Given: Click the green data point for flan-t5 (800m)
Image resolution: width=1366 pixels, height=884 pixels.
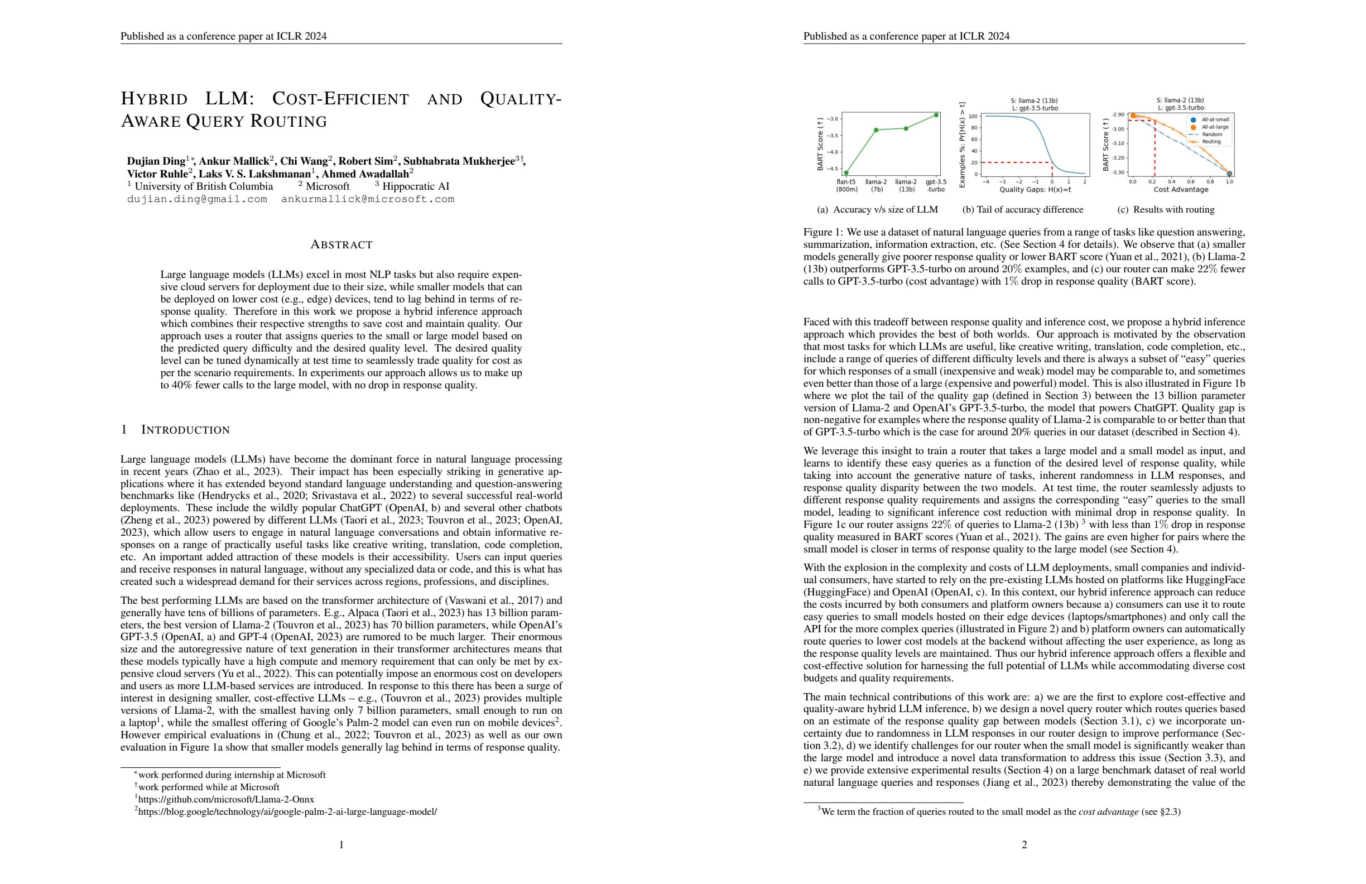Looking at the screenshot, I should tap(846, 172).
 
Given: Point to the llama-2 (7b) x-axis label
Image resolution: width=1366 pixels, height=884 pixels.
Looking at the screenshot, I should tap(876, 185).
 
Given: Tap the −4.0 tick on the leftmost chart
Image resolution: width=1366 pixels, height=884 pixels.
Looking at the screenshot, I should tap(831, 152).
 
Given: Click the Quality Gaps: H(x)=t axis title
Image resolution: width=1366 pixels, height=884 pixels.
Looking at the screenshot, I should tap(1035, 189).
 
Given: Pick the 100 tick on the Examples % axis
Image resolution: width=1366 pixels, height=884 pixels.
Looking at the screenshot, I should tap(973, 117).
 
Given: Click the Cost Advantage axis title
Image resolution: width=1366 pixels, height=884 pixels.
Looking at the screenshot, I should tap(1181, 189).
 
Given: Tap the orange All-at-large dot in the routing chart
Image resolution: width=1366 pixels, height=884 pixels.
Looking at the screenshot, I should tap(1133, 116).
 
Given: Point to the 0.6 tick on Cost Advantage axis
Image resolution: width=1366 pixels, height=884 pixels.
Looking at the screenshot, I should tap(1191, 181).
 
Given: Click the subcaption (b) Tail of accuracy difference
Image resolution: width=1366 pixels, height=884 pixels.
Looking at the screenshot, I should tap(1023, 209).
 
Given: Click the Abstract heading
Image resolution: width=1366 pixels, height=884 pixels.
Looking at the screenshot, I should tap(341, 244).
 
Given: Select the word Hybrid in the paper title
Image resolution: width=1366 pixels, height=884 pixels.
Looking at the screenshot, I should tap(154, 99).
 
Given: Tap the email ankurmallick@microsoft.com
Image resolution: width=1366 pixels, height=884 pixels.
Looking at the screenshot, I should tap(367, 199).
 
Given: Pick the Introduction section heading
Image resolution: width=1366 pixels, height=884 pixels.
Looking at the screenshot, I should tap(185, 430).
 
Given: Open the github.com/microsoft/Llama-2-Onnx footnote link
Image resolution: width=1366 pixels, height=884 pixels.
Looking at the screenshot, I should tap(226, 799).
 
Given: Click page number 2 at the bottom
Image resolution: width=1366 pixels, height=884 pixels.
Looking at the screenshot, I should tap(1024, 844).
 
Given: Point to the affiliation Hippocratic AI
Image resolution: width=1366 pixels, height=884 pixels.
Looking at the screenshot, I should tap(416, 186).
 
